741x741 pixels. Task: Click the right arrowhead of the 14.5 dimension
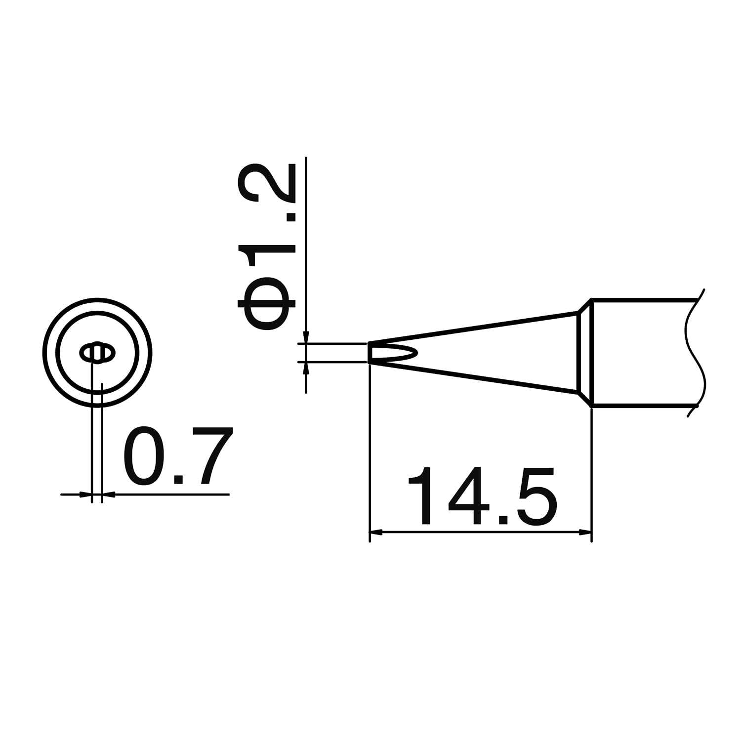[585, 533]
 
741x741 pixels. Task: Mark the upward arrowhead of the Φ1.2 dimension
[306, 368]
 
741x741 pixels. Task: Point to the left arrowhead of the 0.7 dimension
[86, 494]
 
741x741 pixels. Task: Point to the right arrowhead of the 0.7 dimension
[108, 494]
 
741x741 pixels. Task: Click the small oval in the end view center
[97, 353]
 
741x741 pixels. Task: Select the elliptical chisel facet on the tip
[395, 353]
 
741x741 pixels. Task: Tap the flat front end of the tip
[369, 353]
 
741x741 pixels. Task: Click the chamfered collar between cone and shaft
[584, 352]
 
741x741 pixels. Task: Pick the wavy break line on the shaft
[696, 352]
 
